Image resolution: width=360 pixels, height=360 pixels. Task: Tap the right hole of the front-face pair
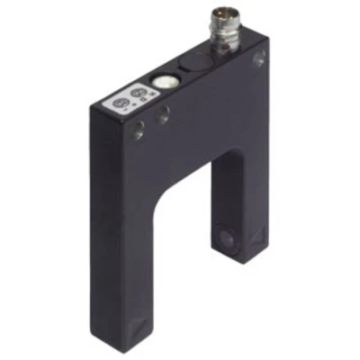click(164, 115)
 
